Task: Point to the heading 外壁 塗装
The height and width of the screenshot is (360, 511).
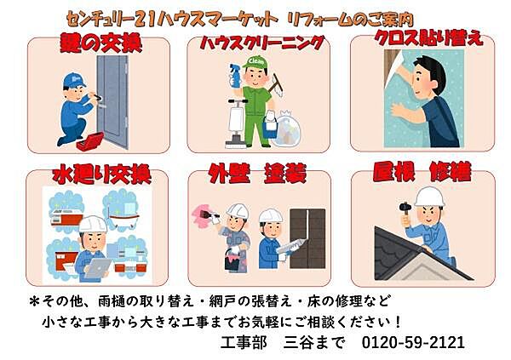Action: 255,175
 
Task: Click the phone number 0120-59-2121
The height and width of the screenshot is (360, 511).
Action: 414,342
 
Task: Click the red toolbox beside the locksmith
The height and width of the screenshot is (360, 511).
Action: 90,140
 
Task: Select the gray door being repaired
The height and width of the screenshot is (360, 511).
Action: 112,101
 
